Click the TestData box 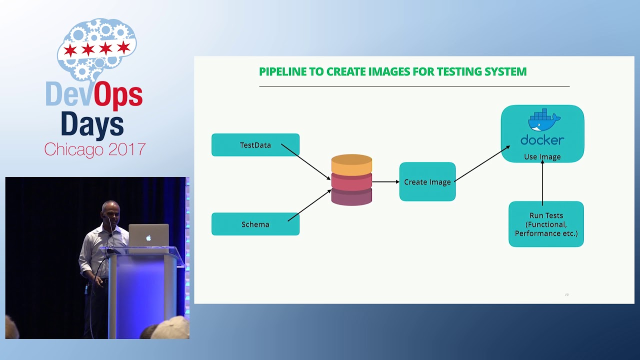point(255,145)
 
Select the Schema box point(255,224)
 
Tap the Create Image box point(427,182)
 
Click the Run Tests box point(546,224)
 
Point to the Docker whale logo point(543,121)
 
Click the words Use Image point(542,156)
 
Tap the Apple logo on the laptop point(148,237)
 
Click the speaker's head point(110,212)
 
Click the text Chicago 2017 point(94,149)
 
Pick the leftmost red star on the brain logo point(70,49)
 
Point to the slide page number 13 point(566,294)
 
